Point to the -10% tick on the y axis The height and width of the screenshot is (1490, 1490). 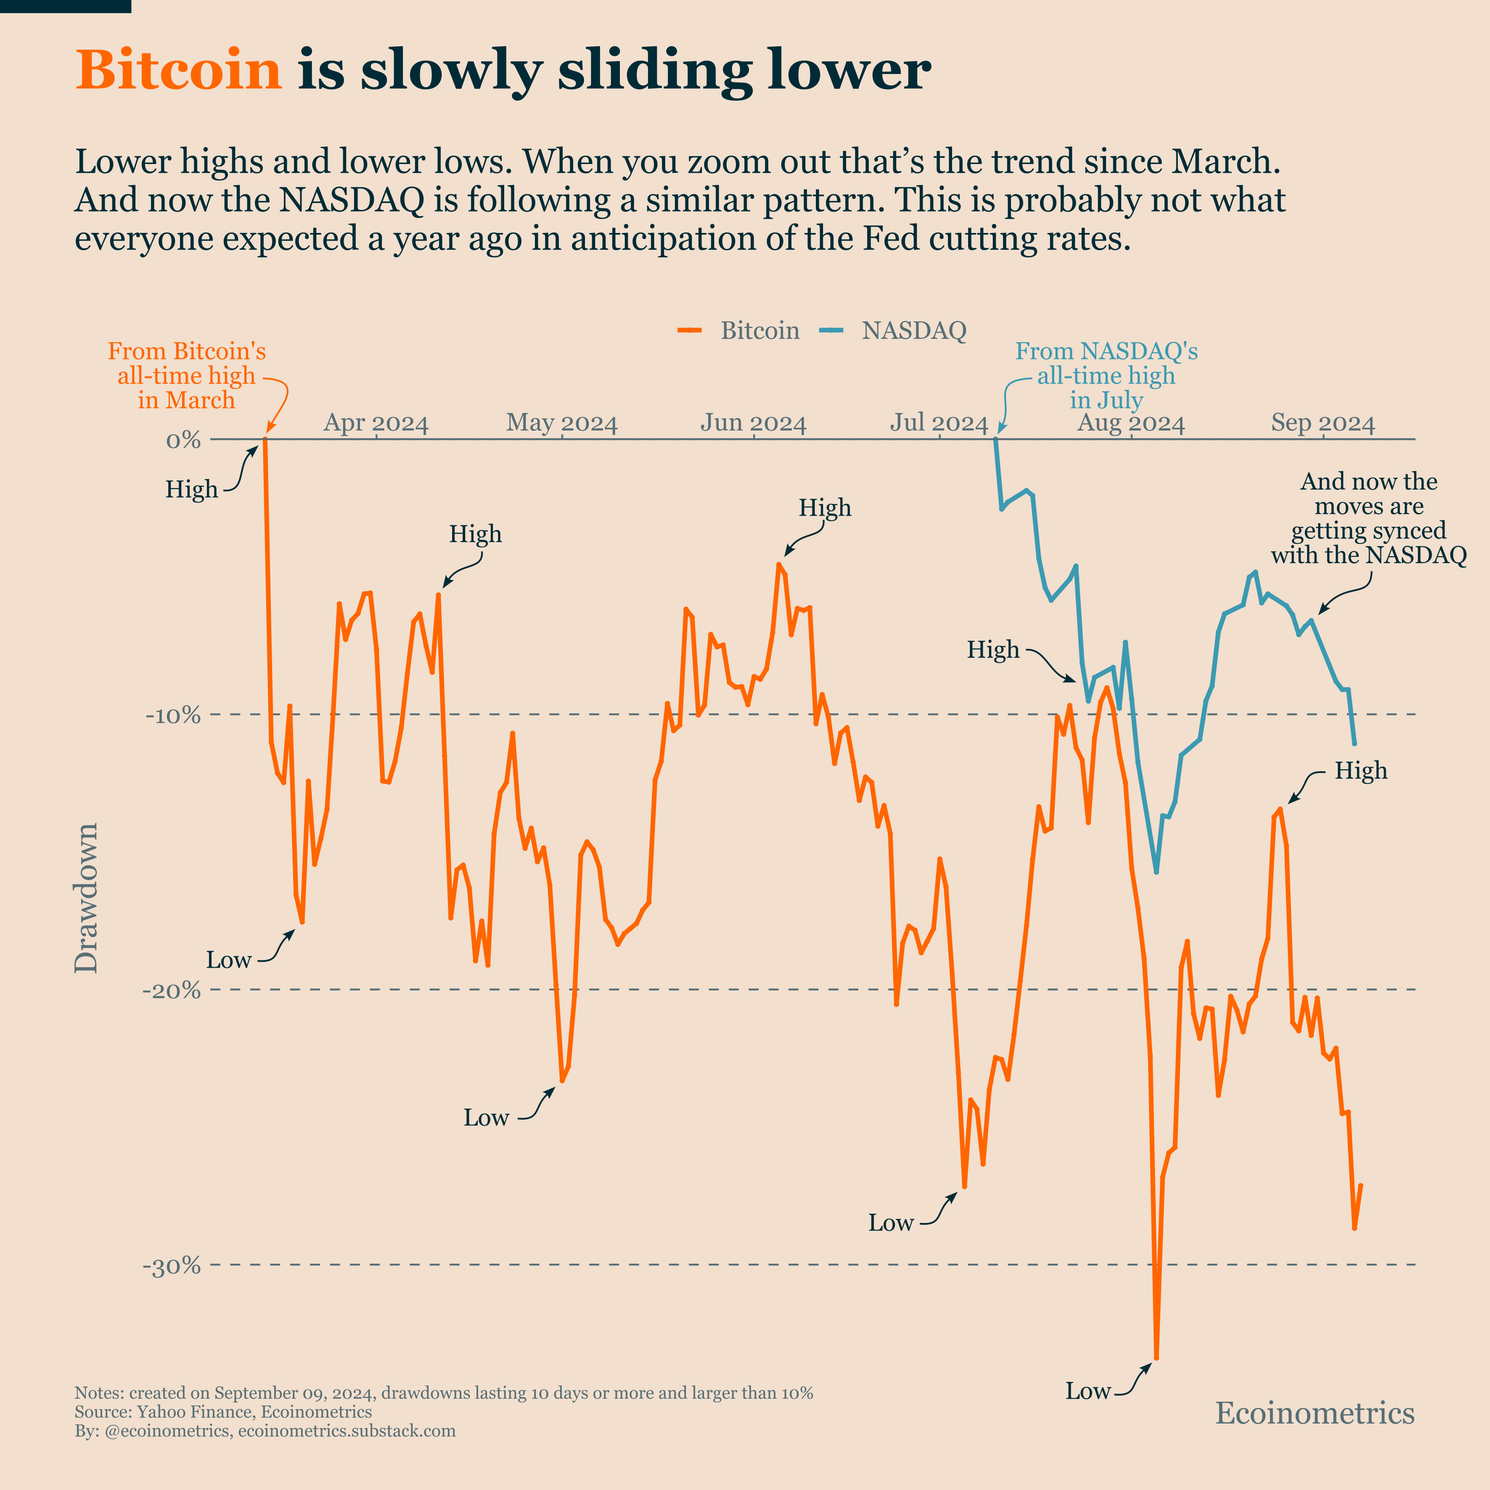click(173, 715)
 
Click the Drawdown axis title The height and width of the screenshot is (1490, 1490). click(86, 898)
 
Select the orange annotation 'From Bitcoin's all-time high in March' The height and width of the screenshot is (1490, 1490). click(187, 376)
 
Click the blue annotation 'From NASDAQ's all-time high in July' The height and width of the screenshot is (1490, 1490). click(1106, 376)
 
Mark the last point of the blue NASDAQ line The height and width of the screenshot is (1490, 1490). click(1354, 744)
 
